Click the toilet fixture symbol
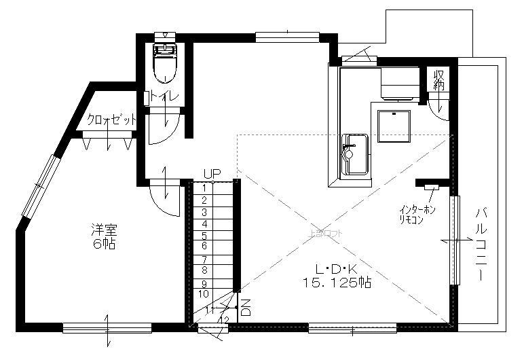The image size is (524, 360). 165,62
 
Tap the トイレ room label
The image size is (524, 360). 165,97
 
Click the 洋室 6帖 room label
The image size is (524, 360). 104,236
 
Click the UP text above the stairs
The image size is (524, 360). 212,175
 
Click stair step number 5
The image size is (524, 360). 204,235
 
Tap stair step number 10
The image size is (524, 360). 204,293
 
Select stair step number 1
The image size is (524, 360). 204,187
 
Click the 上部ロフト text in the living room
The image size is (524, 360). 326,233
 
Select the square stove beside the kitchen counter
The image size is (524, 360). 394,126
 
